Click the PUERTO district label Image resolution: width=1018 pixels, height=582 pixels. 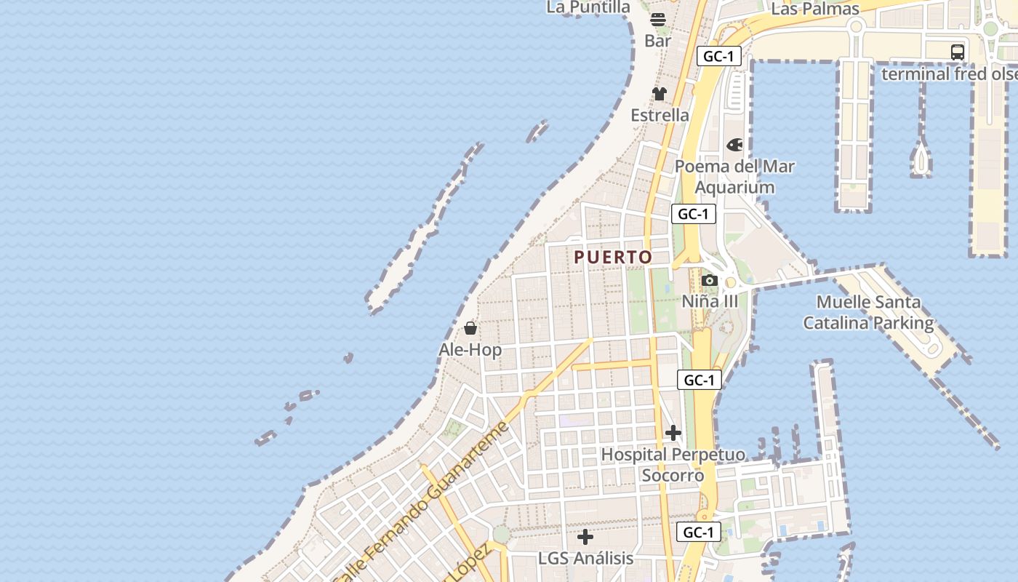[613, 258]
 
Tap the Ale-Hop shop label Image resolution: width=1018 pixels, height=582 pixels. [470, 350]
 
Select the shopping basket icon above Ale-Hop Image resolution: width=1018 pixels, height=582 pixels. [470, 328]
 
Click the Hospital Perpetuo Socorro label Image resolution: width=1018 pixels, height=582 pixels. [673, 465]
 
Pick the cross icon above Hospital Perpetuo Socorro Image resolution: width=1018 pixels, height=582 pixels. [673, 433]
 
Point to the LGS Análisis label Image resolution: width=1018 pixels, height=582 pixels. [585, 559]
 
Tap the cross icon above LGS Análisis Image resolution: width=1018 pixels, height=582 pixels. [585, 538]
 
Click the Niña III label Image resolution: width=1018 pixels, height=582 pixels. [710, 301]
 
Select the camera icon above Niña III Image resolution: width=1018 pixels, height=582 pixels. [710, 280]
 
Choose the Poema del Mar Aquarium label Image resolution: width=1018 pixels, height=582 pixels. [734, 177]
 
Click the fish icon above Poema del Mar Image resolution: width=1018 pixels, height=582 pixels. [734, 145]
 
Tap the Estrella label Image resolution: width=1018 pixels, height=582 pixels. [660, 115]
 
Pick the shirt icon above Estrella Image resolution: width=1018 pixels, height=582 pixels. [660, 93]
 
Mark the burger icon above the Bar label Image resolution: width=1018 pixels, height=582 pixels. [658, 19]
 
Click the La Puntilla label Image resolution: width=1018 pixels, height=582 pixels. [588, 7]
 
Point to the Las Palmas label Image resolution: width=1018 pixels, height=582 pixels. [815, 9]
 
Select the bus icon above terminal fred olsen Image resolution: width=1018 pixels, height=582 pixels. [958, 52]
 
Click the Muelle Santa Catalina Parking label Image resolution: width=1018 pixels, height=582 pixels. [868, 312]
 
